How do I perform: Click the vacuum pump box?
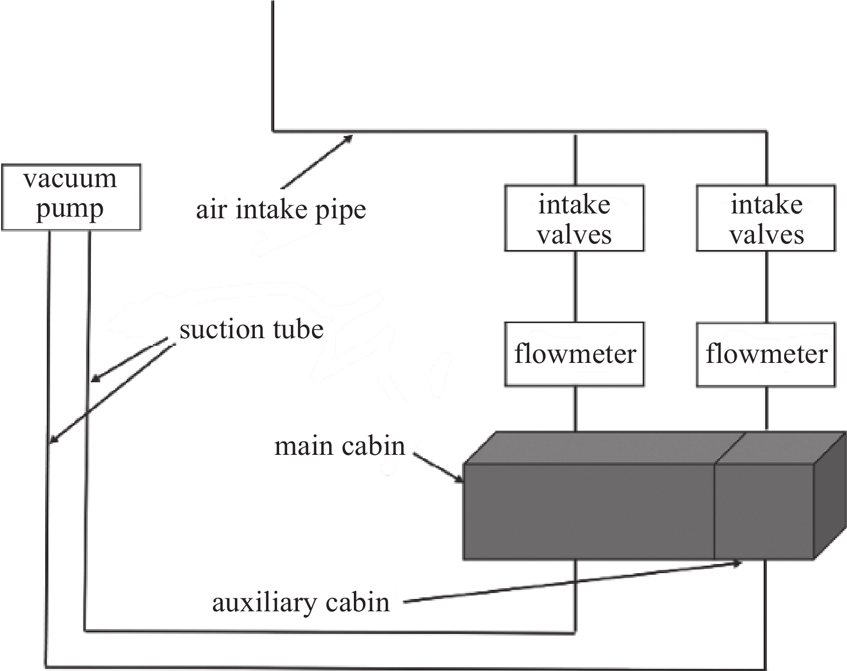[x=71, y=197]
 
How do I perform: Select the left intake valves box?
[x=574, y=218]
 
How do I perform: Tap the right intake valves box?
[x=766, y=218]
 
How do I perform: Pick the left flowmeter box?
[x=574, y=354]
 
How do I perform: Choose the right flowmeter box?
[x=766, y=354]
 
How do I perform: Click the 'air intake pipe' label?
[x=281, y=210]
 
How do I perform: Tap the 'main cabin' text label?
[x=340, y=446]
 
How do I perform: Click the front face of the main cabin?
[x=589, y=512]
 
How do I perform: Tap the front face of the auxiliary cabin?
[x=764, y=512]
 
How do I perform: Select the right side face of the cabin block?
[x=830, y=496]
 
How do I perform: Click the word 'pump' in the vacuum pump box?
[x=70, y=209]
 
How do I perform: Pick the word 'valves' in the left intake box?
[x=574, y=235]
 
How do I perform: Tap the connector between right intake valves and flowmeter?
[x=766, y=287]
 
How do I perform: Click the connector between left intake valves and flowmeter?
[x=575, y=287]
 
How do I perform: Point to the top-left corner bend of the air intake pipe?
[x=272, y=130]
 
